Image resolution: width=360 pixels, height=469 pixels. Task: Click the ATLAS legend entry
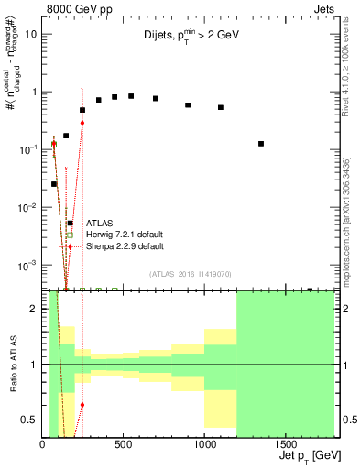(x=99, y=223)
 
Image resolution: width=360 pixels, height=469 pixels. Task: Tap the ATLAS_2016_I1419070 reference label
(x=191, y=273)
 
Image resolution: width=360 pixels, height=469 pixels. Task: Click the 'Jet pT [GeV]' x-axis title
(x=300, y=455)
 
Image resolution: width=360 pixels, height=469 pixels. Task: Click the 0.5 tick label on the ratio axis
(x=30, y=420)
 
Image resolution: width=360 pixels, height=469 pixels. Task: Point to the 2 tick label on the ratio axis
(x=35, y=309)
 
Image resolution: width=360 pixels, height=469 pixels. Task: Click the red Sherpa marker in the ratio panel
(x=82, y=404)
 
